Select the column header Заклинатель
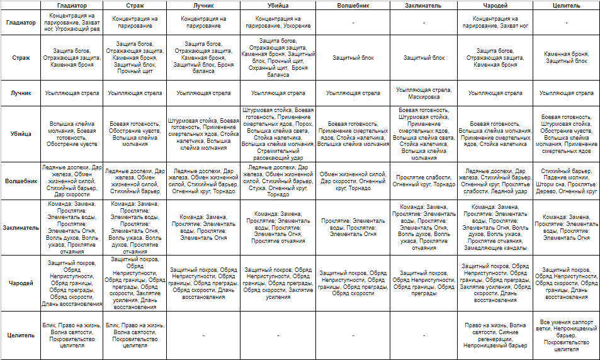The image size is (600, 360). pos(423,5)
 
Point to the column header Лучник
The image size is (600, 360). pos(203,5)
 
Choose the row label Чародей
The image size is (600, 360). pos(21,283)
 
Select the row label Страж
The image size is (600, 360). pos(21,57)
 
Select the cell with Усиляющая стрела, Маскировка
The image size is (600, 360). pos(423,93)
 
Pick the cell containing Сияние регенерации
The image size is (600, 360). pos(495,335)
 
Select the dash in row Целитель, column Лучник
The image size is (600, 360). pos(203,335)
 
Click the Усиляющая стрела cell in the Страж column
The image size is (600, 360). pos(134,93)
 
